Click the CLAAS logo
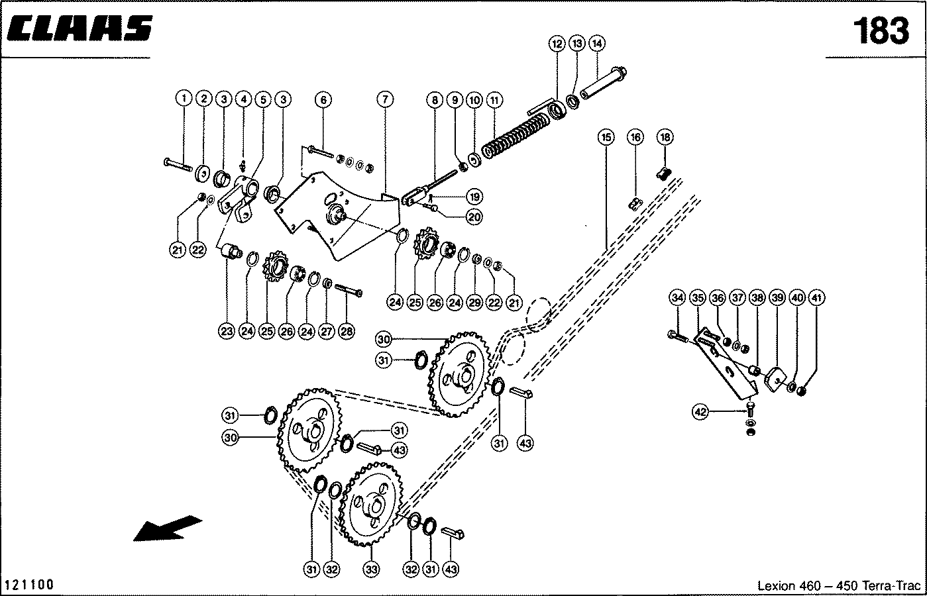pyautogui.click(x=80, y=28)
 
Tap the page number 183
pyautogui.click(x=881, y=30)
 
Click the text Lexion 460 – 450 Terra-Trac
pyautogui.click(x=839, y=585)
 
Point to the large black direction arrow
pyautogui.click(x=168, y=528)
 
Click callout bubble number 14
pyautogui.click(x=596, y=44)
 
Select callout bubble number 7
pyautogui.click(x=385, y=99)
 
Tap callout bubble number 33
pyautogui.click(x=371, y=570)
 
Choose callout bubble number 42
pyautogui.click(x=700, y=412)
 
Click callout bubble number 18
pyautogui.click(x=665, y=137)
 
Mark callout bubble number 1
pyautogui.click(x=184, y=99)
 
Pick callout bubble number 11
pyautogui.click(x=494, y=100)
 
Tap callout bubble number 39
pyautogui.click(x=777, y=298)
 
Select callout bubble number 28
pyautogui.click(x=347, y=331)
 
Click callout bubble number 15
pyautogui.click(x=606, y=137)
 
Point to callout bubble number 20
pyautogui.click(x=474, y=217)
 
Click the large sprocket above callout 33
pyautogui.click(x=370, y=504)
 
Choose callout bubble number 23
pyautogui.click(x=227, y=331)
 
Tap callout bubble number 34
pyautogui.click(x=677, y=298)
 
